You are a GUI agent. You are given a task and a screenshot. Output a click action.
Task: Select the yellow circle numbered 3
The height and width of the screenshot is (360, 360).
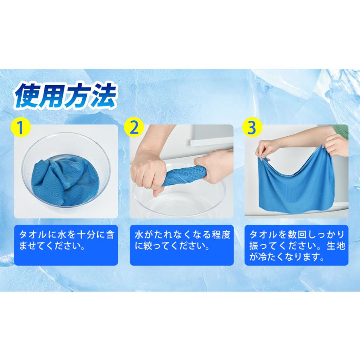252,128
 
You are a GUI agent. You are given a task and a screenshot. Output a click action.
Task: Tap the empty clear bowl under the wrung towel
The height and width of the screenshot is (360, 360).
180,204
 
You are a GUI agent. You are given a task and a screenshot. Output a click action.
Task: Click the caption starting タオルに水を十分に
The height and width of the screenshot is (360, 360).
66,240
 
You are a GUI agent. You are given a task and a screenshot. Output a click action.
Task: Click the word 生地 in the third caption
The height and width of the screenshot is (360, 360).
333,245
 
